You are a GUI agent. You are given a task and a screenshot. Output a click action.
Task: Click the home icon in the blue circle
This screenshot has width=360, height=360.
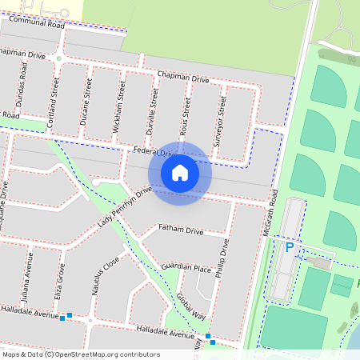click(x=180, y=173)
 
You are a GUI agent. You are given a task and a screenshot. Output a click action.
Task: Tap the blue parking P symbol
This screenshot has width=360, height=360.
click(x=290, y=249)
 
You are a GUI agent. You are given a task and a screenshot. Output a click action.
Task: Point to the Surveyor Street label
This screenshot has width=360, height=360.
click(x=222, y=114)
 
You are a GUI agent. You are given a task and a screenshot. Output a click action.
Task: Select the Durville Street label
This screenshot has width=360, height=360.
click(x=152, y=107)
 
